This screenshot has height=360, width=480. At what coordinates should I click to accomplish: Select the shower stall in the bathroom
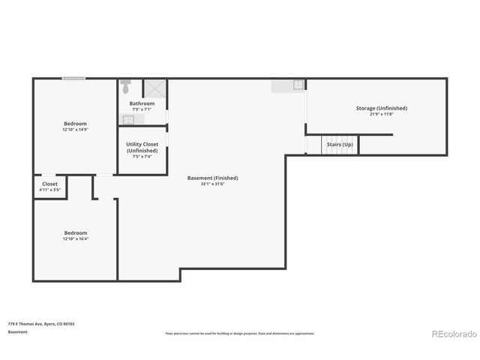[x=155, y=88]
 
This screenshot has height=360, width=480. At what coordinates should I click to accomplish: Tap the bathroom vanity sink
[x=128, y=118]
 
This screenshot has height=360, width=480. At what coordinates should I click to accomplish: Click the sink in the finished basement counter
[x=298, y=85]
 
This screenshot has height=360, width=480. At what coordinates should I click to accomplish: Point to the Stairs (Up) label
[x=340, y=144]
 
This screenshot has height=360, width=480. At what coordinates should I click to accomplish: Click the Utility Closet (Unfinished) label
[x=142, y=147]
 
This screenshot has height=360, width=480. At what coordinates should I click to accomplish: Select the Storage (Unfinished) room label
[x=381, y=108]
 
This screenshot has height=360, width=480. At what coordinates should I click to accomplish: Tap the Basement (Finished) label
[x=212, y=178]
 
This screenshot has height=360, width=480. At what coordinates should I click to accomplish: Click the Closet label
[x=49, y=184]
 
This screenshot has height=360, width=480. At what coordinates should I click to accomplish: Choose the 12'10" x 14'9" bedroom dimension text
[x=75, y=130]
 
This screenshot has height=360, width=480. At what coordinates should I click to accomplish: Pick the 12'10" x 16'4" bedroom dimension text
[x=75, y=239]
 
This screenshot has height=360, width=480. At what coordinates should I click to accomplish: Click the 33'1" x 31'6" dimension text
[x=212, y=184]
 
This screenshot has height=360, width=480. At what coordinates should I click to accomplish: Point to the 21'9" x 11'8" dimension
[x=381, y=114]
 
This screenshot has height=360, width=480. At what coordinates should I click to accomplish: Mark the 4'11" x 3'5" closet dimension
[x=49, y=190]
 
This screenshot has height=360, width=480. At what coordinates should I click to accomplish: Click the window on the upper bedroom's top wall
[x=73, y=78]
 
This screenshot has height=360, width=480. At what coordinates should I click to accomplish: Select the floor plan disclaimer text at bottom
[x=240, y=333]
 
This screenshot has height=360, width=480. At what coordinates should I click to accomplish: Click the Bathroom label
[x=142, y=103]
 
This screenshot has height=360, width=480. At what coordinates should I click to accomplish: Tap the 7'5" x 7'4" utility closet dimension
[x=142, y=157]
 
